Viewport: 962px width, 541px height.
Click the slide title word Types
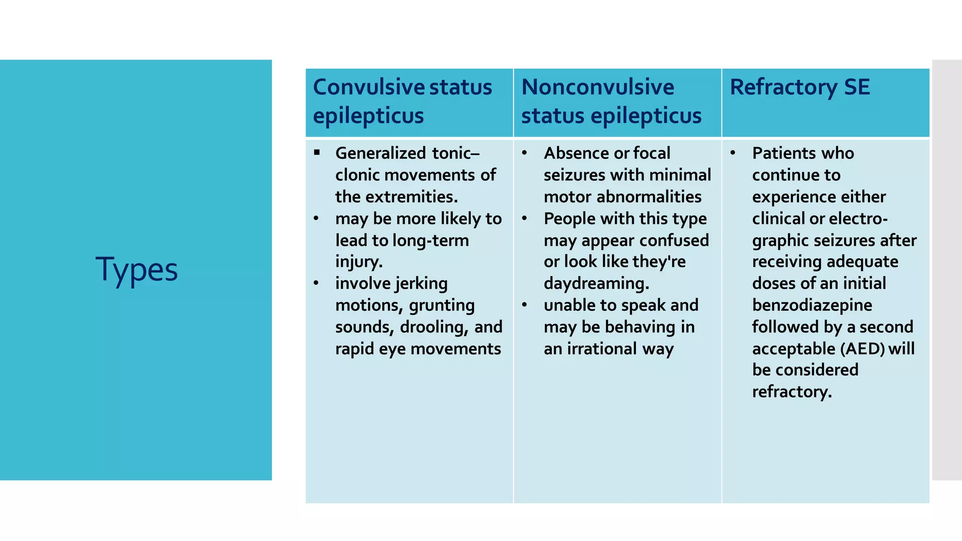(137, 270)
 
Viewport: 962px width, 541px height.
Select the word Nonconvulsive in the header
(597, 87)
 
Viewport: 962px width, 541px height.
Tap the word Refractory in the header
(783, 87)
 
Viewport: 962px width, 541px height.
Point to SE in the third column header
(857, 87)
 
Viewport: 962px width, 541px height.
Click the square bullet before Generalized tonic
(317, 152)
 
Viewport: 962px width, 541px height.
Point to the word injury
(359, 262)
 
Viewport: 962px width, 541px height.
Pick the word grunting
(442, 306)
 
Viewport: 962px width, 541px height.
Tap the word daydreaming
(596, 284)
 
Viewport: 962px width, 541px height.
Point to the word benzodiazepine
(812, 305)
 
